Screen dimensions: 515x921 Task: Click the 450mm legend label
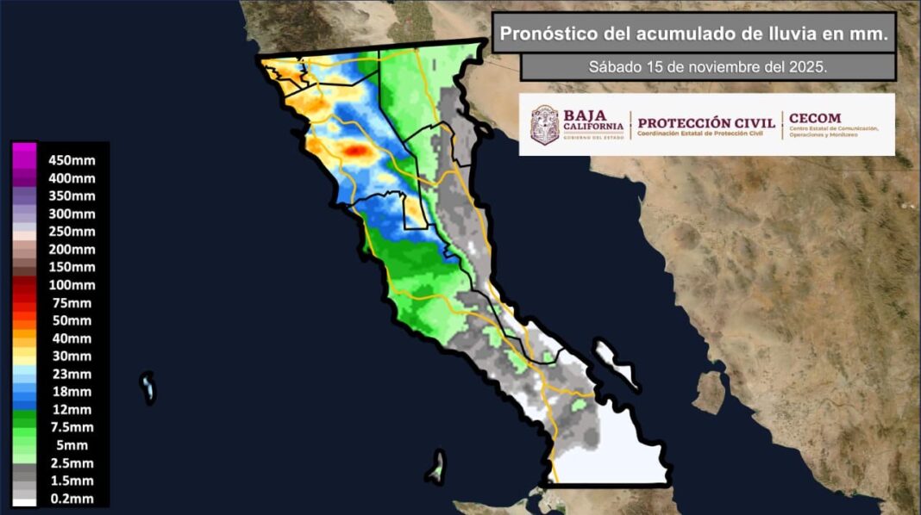[x=72, y=160]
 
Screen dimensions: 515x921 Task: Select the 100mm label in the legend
[x=72, y=285]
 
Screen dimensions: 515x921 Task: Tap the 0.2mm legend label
[x=72, y=499]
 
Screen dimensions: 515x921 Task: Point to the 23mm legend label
[x=72, y=374]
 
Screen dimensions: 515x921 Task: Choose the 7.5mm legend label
[x=72, y=427]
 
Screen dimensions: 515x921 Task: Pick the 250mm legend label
[x=72, y=232]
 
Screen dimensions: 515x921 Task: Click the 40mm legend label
[x=72, y=338]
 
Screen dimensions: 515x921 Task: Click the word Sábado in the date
[x=612, y=66]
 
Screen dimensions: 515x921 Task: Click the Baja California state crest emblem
[x=544, y=125]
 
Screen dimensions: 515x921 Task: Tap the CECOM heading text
[x=815, y=118]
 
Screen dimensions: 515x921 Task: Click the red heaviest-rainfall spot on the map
[x=354, y=150]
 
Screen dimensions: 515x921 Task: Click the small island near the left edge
[x=148, y=388]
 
